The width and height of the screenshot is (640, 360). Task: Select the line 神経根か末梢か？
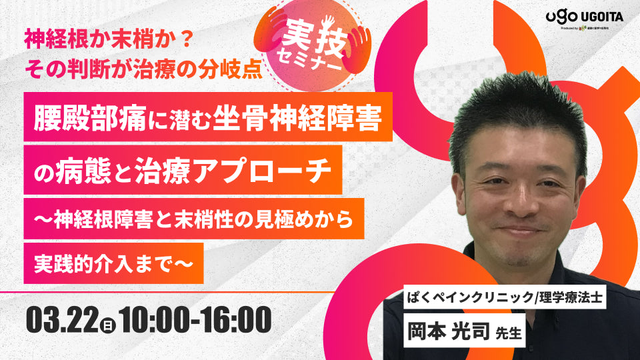[x=107, y=39]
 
